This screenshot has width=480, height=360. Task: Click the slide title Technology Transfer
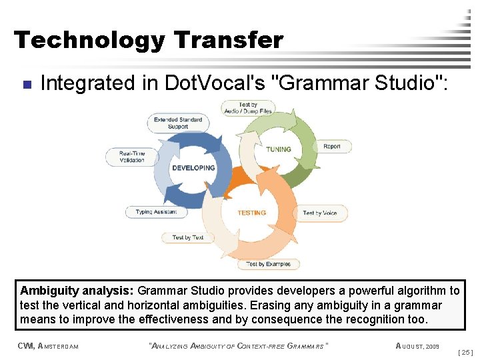pos(148,41)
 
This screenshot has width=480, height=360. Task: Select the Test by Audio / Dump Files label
pos(247,107)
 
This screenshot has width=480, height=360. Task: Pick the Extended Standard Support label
pos(177,123)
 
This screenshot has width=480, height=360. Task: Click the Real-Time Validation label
pos(132,157)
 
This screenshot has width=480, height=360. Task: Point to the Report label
pos(331,147)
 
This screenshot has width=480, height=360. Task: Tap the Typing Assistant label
pos(157,212)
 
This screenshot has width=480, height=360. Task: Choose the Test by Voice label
pos(320,213)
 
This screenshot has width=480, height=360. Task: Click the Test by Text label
pos(188,237)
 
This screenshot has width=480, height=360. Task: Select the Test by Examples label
pos(268,264)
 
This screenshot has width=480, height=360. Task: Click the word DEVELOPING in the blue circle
pos(193,168)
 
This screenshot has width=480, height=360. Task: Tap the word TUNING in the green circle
pos(279,149)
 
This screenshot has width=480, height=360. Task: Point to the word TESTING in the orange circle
pos(251,213)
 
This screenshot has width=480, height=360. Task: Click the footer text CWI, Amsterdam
pos(49,346)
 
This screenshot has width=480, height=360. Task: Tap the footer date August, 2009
pos(417,346)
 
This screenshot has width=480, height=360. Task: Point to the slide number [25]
pos(467,351)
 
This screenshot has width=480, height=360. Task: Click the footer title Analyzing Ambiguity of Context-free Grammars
pos(239,346)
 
